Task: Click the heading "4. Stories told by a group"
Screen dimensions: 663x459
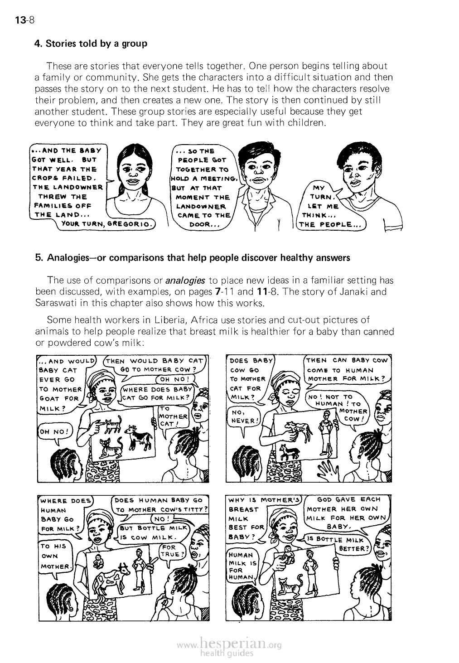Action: [x=91, y=44]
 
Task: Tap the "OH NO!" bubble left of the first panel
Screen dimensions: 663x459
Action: [x=53, y=431]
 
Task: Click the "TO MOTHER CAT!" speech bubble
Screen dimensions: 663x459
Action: [x=173, y=416]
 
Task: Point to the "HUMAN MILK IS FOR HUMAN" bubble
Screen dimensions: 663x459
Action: [x=242, y=565]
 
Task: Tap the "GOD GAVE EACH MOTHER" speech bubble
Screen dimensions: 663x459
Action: [x=345, y=513]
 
